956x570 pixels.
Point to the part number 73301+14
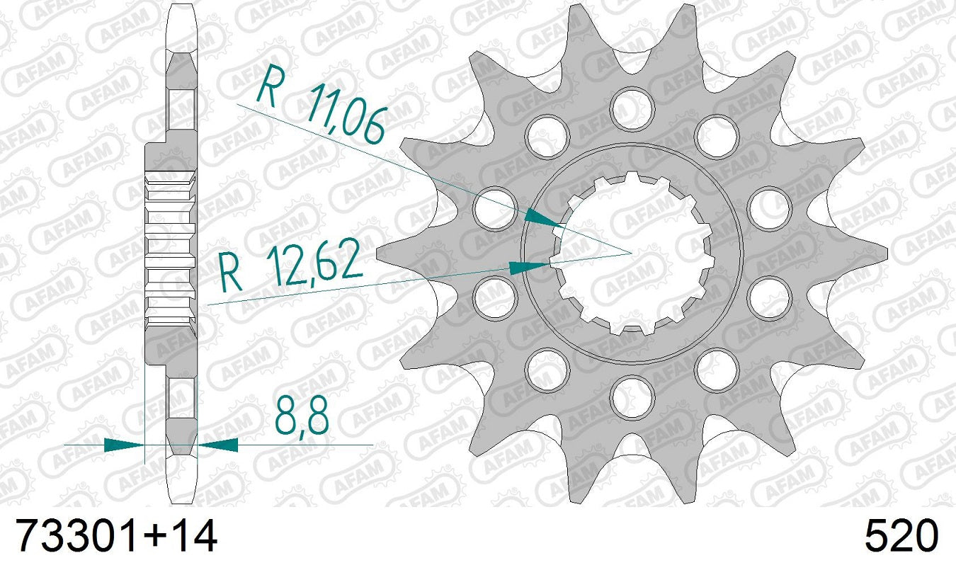tap(116, 536)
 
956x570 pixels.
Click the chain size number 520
tap(901, 536)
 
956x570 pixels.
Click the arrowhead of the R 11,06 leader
tap(545, 219)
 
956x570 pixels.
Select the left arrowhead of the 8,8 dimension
tap(124, 445)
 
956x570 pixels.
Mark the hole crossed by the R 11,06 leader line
tap(496, 208)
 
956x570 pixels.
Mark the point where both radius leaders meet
tap(631, 252)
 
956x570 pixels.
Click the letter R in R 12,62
tap(231, 273)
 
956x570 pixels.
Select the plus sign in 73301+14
tap(150, 537)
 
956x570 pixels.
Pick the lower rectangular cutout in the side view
tap(182, 397)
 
